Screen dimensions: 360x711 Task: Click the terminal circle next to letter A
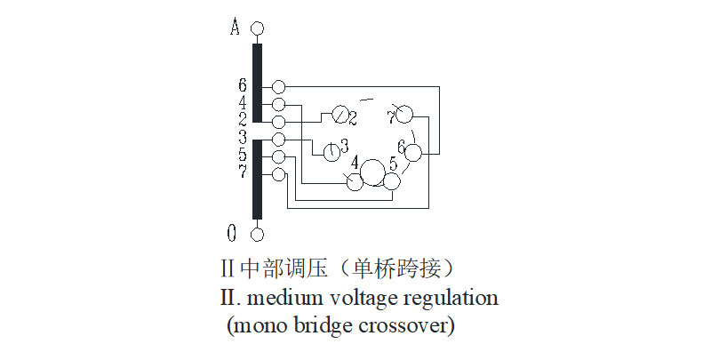point(258,28)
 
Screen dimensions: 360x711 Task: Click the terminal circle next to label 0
point(258,234)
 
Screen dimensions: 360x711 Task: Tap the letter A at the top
point(235,28)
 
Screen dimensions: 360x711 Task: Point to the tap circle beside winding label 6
point(278,87)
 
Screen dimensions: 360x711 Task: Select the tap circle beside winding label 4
point(278,105)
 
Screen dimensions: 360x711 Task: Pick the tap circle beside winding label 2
point(278,121)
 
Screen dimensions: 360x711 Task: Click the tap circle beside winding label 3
point(278,140)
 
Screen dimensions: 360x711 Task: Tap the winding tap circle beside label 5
point(278,156)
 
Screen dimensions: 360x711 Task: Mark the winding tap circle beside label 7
point(278,173)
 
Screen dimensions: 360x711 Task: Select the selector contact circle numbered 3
point(332,152)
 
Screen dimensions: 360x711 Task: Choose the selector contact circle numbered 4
point(355,182)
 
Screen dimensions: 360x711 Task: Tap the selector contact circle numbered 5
point(392,181)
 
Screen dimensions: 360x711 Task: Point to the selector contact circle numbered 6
point(414,153)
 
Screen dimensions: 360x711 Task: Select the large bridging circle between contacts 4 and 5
point(373,172)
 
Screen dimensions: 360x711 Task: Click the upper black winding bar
point(258,82)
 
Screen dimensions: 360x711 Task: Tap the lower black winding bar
point(258,178)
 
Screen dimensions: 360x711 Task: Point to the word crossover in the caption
point(406,325)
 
